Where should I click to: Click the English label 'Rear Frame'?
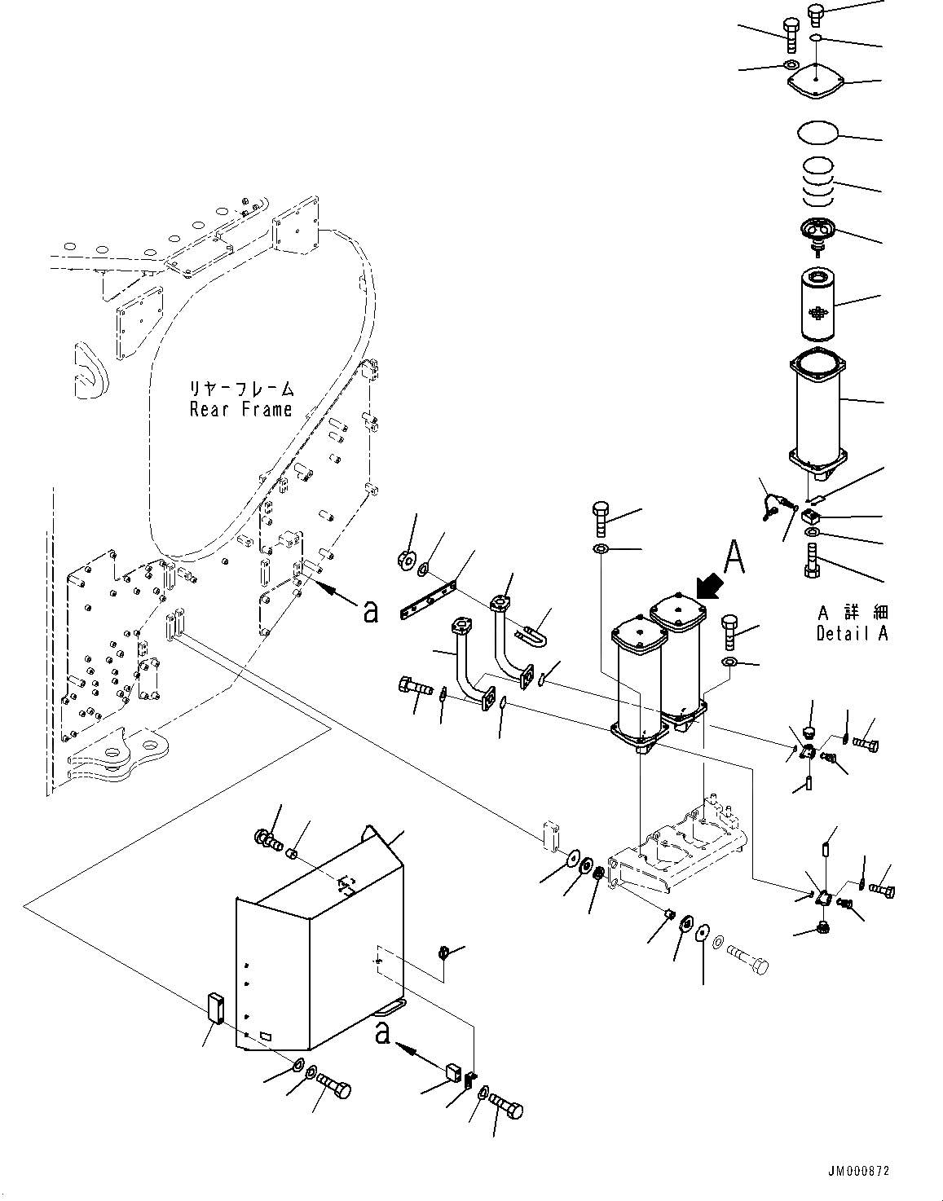point(240,410)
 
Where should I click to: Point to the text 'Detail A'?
point(852,633)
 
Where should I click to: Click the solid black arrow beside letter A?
point(710,587)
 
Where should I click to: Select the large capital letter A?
point(734,557)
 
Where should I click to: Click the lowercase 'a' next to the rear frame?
point(370,611)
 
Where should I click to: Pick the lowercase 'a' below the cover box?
point(382,1033)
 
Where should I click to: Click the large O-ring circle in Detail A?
point(817,134)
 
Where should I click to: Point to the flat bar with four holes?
point(428,599)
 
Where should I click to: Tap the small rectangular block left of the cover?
point(215,1010)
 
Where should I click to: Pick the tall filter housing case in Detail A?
point(817,415)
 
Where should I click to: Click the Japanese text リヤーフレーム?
point(241,389)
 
